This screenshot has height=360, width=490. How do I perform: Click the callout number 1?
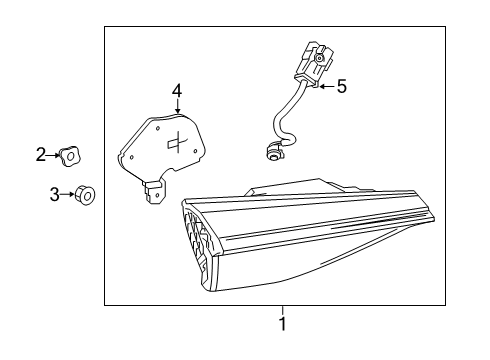pyautogui.click(x=283, y=324)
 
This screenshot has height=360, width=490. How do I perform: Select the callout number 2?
pyautogui.click(x=41, y=155)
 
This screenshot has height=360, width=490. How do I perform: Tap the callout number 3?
pyautogui.click(x=54, y=194)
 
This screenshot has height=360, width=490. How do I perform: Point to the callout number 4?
pyautogui.click(x=177, y=91)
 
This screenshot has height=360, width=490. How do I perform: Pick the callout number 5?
pyautogui.click(x=342, y=86)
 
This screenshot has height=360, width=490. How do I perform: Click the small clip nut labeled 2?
pyautogui.click(x=70, y=156)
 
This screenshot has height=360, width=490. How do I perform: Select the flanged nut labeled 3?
pyautogui.click(x=85, y=195)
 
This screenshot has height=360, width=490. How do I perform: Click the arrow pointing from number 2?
pyautogui.click(x=53, y=155)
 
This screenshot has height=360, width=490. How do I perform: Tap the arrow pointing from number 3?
pyautogui.click(x=68, y=194)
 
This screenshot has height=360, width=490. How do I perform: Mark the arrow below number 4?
pyautogui.click(x=178, y=106)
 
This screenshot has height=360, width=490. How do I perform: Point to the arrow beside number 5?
pyautogui.click(x=327, y=86)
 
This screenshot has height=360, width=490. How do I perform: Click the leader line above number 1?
pyautogui.click(x=283, y=311)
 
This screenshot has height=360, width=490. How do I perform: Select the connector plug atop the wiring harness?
pyautogui.click(x=314, y=64)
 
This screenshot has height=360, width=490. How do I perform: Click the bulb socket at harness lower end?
pyautogui.click(x=273, y=151)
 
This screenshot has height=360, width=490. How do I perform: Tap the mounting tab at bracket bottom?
pyautogui.click(x=154, y=192)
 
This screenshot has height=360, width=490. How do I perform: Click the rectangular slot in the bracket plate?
pyautogui.click(x=172, y=143)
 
